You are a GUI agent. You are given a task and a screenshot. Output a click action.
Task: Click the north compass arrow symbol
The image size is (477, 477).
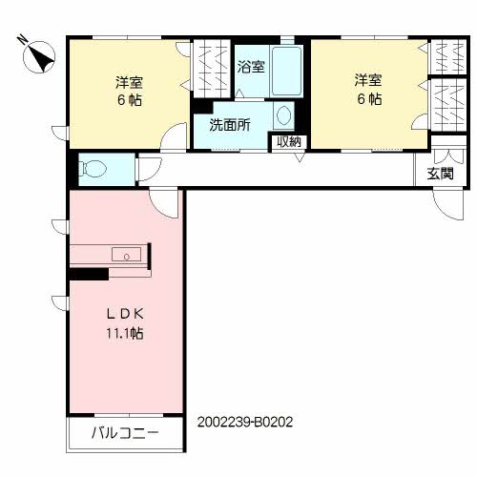coord(37,56)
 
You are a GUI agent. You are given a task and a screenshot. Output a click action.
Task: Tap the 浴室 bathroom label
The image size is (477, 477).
coord(252,69)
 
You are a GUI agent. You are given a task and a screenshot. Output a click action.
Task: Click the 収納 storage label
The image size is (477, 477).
coord(288,142)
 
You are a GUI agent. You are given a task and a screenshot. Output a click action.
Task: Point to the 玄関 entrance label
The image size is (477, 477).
coord(440,174)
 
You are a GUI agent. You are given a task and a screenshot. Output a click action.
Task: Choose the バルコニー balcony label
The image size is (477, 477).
coord(124,432)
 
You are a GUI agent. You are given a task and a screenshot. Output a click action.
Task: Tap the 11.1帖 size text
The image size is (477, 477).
coord(124,334)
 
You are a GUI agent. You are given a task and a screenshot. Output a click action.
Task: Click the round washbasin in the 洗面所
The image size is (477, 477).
coord(284,115)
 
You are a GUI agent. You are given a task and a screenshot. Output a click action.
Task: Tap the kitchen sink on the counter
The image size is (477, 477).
coord(125,254)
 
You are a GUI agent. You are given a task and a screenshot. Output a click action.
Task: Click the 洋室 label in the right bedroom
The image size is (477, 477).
coord(368,81)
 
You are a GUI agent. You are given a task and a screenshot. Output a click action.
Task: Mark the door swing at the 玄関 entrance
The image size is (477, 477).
coord(446,203)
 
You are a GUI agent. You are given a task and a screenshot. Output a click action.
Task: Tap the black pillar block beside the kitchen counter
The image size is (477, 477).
coord(87,274)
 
